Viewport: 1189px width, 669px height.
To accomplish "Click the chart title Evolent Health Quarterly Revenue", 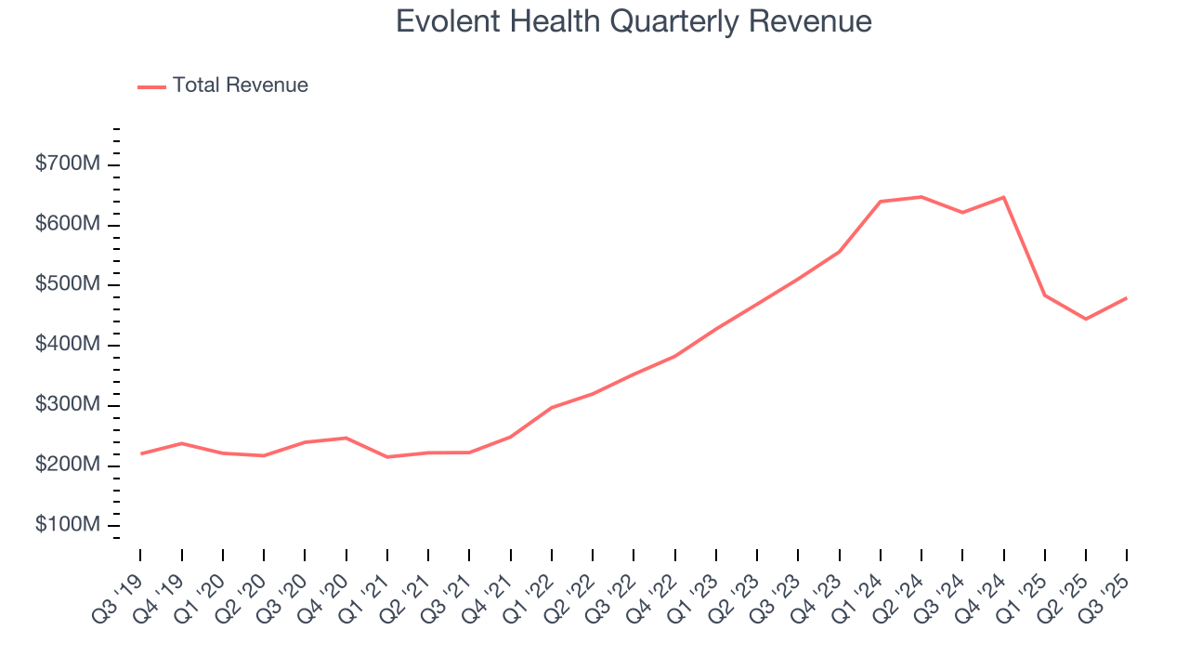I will pos(634,21).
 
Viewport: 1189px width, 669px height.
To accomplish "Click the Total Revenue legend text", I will pos(240,85).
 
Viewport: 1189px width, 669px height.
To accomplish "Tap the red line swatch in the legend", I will pos(151,86).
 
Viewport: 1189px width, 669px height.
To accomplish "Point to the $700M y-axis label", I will pos(68,164).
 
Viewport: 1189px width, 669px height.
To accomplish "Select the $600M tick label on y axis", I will pos(68,225).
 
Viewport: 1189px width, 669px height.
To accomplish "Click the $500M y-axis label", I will pos(68,284).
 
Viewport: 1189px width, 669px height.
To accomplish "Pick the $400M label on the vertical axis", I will pos(68,345).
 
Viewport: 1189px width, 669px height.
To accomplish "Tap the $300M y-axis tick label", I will pos(68,405).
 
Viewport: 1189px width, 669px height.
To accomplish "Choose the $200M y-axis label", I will pos(68,465).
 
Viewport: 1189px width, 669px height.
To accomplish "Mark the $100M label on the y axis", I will pos(68,525).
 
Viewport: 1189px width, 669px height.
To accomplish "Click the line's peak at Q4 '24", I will pos(1003,197).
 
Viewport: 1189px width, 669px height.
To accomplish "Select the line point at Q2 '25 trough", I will pos(1086,319).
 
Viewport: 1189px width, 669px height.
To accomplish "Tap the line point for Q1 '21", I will pos(386,457).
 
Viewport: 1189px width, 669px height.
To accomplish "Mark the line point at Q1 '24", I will pos(880,201).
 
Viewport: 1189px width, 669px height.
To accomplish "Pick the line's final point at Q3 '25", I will pos(1127,298).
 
